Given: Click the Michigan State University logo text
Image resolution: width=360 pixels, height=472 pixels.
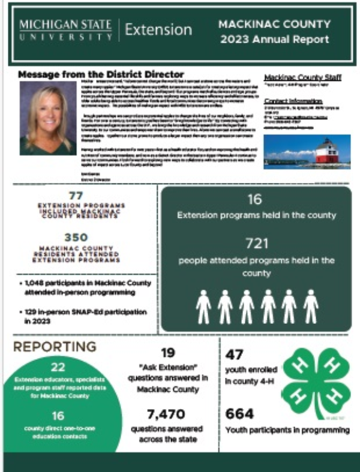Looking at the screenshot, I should pos(65,30).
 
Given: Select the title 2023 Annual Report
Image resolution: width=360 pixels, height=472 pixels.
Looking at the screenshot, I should pos(274,40).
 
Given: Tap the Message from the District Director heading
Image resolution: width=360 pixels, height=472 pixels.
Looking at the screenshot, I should pos(101,74).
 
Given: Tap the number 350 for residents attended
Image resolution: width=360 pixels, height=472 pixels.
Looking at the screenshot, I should pos(76,237).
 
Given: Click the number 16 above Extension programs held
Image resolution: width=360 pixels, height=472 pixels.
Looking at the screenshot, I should pos(255,199).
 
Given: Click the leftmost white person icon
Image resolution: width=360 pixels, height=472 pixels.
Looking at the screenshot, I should pos(203,306).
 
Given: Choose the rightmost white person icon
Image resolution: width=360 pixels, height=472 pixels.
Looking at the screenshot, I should pos(310,306).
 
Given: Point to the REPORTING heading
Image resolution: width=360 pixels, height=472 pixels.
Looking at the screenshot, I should pos(55,347).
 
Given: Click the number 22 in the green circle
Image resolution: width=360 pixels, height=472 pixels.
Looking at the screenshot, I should pos(58,368).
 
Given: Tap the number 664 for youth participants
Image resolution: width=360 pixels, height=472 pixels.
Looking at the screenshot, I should pos(239,413).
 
